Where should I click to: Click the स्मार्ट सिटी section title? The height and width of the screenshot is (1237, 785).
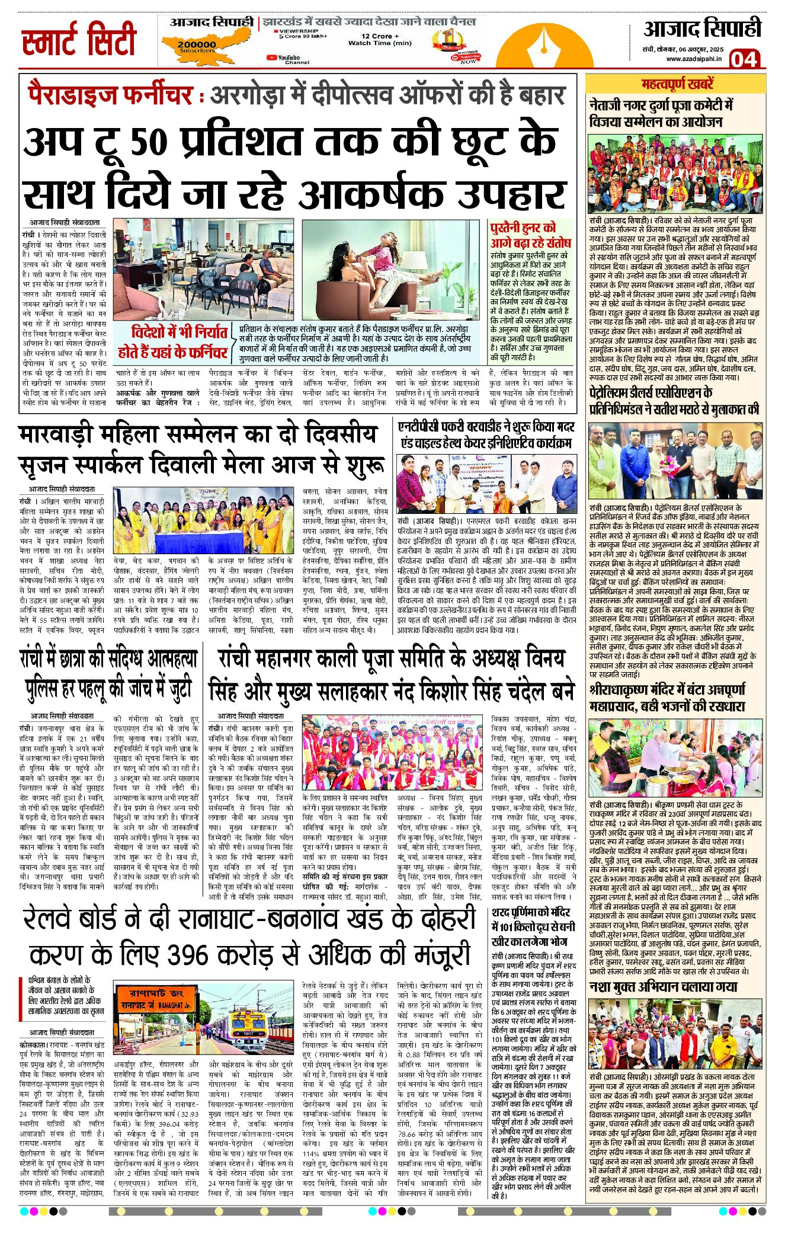coord(79,40)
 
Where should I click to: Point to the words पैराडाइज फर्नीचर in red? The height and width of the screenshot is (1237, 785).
coord(110,95)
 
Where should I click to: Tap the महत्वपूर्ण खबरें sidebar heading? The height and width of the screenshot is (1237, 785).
coord(677,84)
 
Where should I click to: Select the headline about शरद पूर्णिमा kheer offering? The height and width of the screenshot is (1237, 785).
coord(533,926)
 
